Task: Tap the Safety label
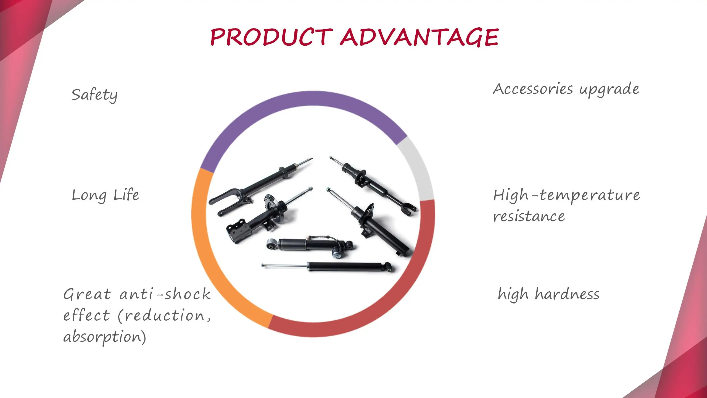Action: click(94, 95)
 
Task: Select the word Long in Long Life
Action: click(89, 196)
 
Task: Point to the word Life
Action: click(126, 195)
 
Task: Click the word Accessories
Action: click(533, 89)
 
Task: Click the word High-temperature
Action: click(566, 195)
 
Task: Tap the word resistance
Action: click(529, 216)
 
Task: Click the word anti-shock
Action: click(165, 294)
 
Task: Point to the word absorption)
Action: click(104, 337)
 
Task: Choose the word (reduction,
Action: click(165, 315)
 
